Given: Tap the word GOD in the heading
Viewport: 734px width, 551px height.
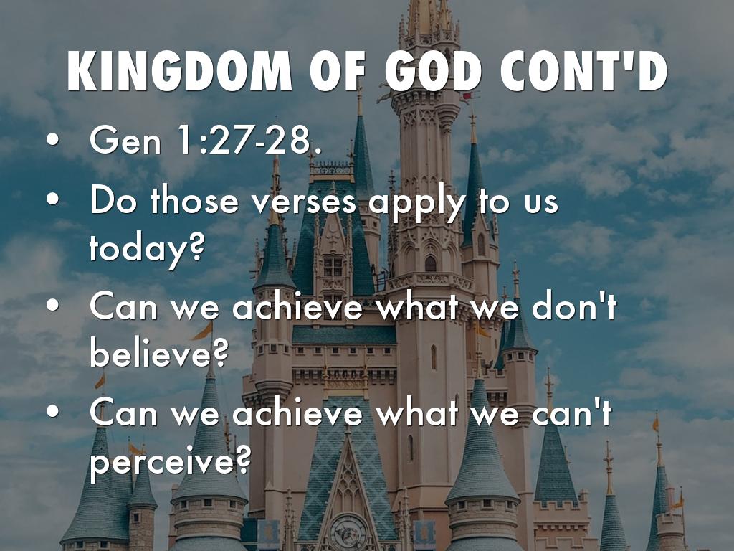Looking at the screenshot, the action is tap(434, 71).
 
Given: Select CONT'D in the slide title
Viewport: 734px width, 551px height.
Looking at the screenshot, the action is tap(583, 70).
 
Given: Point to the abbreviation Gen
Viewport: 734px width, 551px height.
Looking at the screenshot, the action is tap(125, 140).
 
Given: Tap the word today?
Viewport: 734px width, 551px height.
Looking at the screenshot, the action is tap(147, 248).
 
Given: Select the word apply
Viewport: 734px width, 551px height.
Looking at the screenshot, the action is tap(416, 204).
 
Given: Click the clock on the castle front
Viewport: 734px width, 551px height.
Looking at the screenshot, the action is tap(348, 532).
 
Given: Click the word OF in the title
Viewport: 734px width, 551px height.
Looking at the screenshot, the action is tap(338, 71).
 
